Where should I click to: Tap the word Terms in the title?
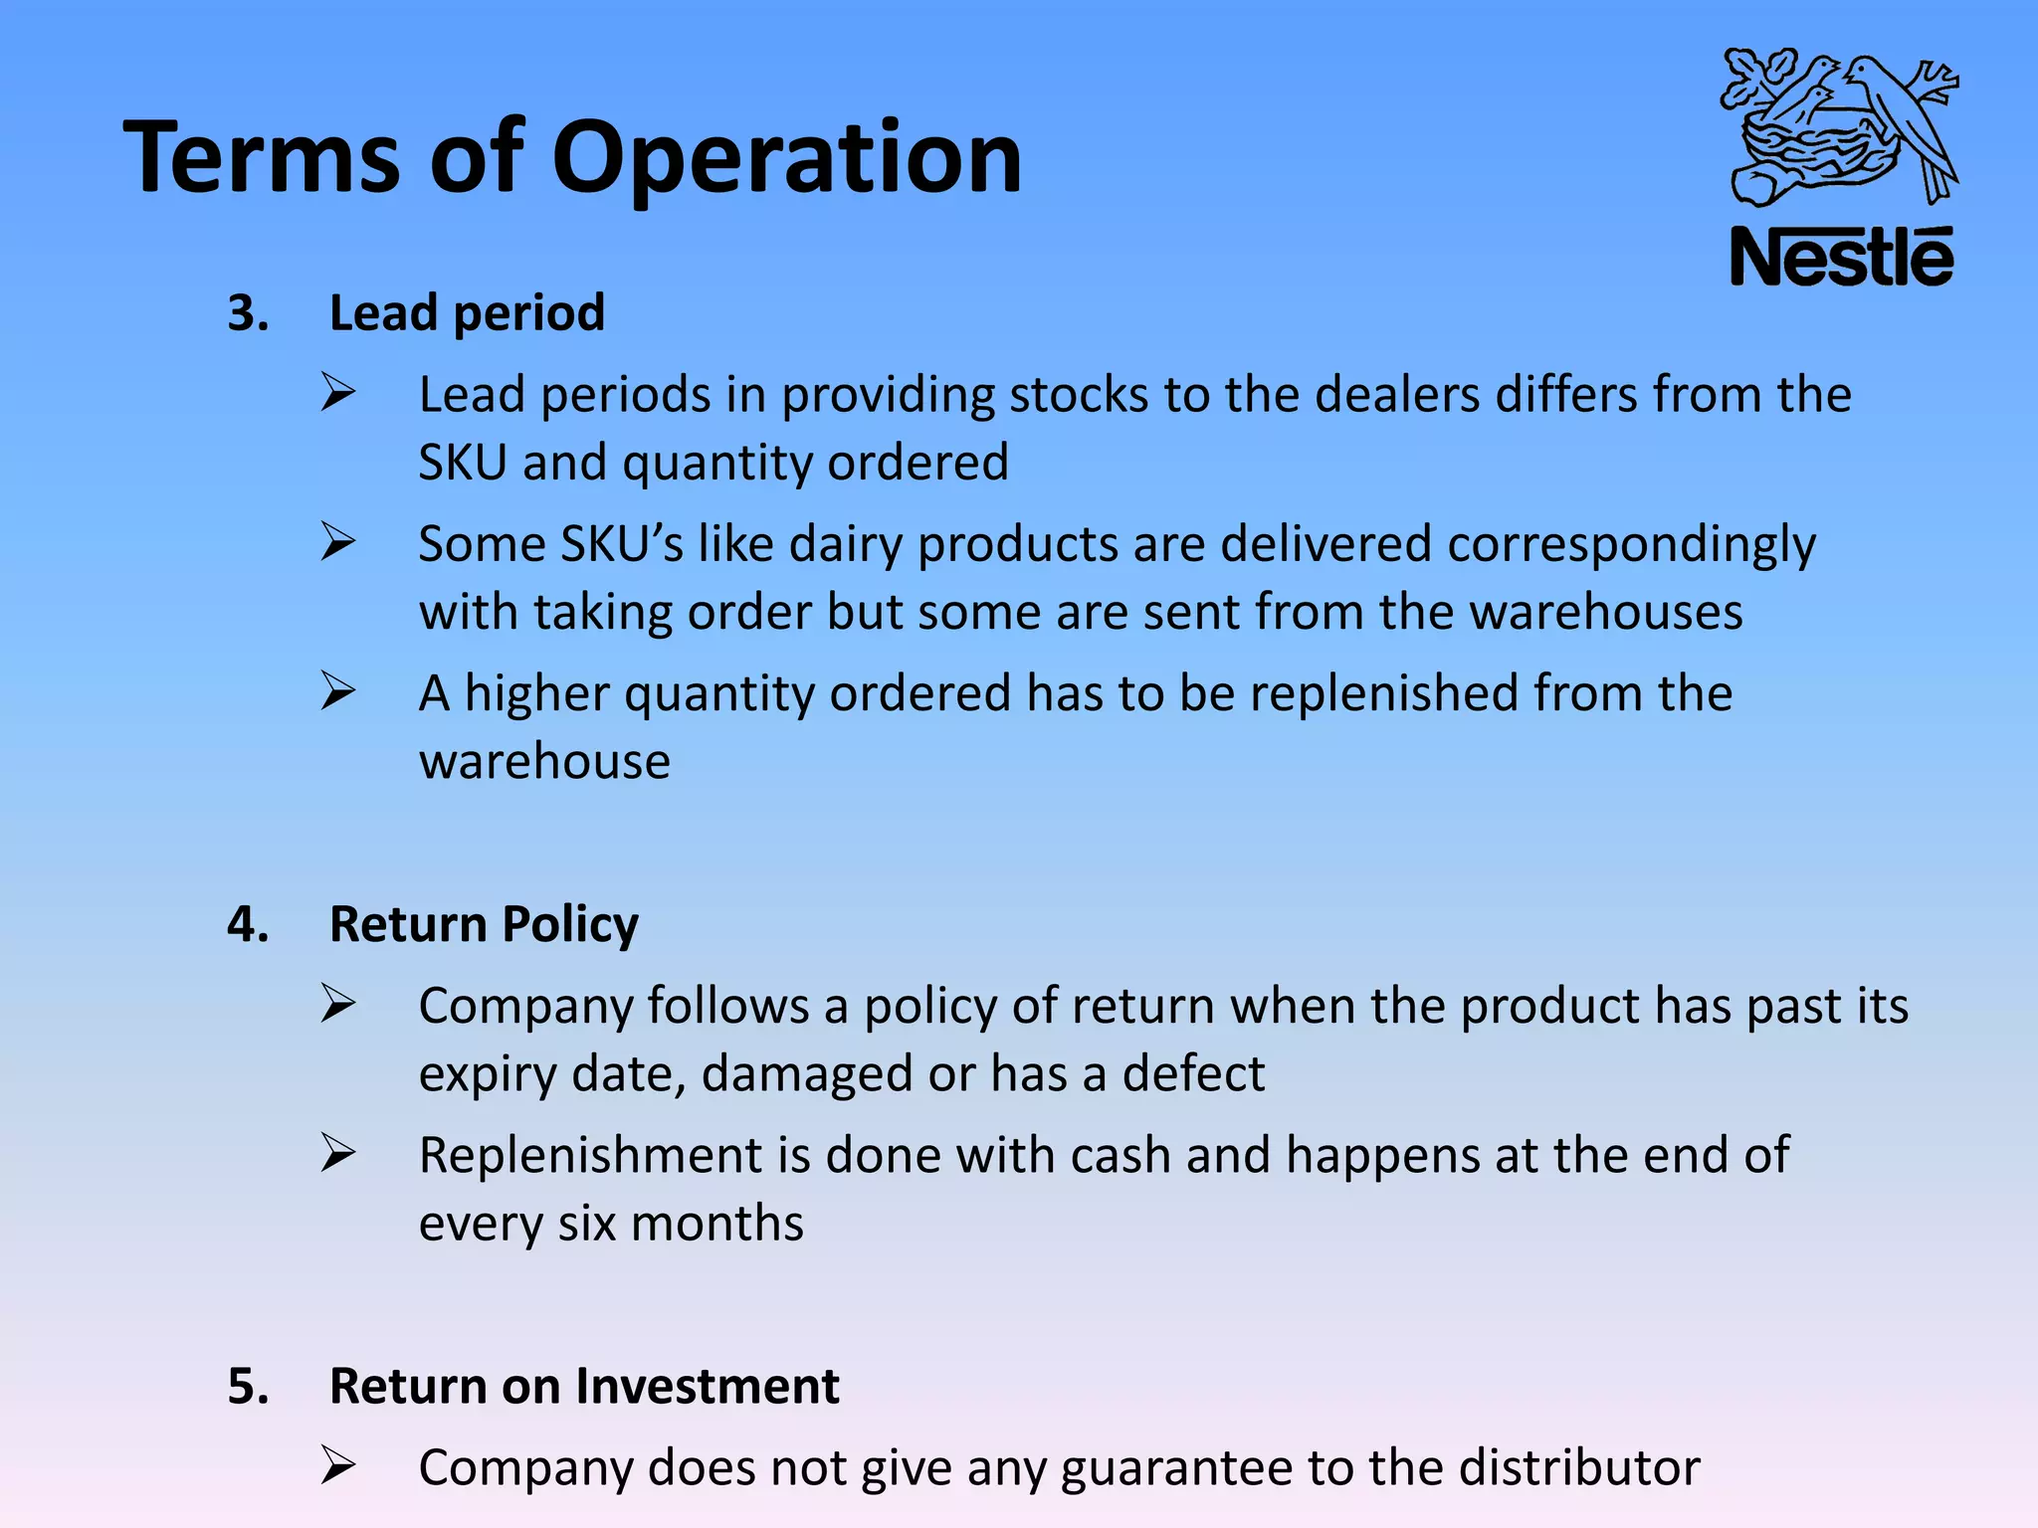[262, 157]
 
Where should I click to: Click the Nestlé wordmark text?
[1842, 258]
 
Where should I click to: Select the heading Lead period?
[467, 313]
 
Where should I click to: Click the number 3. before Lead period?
[248, 313]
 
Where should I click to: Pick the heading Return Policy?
[484, 924]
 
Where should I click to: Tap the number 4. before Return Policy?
[248, 924]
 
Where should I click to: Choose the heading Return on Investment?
[584, 1386]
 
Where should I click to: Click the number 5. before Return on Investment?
[248, 1386]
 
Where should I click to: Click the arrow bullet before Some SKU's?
[338, 542]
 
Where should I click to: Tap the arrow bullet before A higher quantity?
[338, 691]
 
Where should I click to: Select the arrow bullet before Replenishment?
[338, 1154]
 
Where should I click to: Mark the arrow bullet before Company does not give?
[338, 1466]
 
